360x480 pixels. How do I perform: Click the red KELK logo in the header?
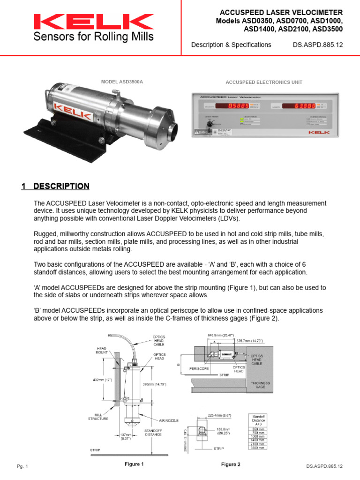[93, 21]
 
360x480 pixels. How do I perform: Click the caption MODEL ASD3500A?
[122, 82]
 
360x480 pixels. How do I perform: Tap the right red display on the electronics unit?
[300, 105]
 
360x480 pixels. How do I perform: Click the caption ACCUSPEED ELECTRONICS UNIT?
[264, 82]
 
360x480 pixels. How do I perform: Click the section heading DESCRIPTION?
[61, 186]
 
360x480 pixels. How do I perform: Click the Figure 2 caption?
[231, 464]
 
